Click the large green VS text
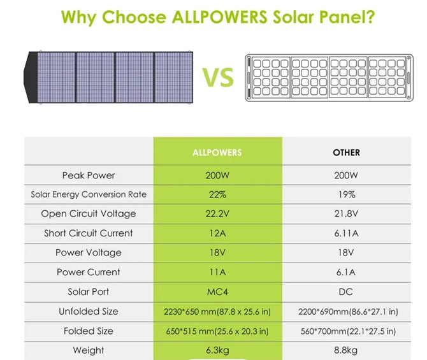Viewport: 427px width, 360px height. coord(219,78)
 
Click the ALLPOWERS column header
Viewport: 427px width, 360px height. coord(217,153)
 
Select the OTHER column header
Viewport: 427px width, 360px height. coord(346,153)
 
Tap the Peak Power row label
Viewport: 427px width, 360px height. coord(89,175)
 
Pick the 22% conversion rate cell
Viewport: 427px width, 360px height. coord(217,194)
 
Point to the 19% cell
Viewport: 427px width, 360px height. coord(346,194)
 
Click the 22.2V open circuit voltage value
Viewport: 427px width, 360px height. coord(217,214)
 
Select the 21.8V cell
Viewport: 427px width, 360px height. coord(346,214)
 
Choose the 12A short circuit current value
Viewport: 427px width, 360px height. coord(217,233)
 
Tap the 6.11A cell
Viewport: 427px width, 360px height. coord(346,233)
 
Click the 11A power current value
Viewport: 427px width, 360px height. coord(217,272)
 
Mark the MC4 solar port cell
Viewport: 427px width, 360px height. coord(217,292)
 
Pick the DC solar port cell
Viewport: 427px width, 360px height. coord(346,292)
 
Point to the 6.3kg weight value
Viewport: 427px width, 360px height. coord(217,350)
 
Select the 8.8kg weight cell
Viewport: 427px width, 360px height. coord(346,350)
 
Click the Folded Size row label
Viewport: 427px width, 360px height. coord(89,331)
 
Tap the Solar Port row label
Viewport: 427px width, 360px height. coord(89,292)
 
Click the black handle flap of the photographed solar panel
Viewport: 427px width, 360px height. coord(30,77)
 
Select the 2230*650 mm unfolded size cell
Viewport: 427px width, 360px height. coord(217,312)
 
